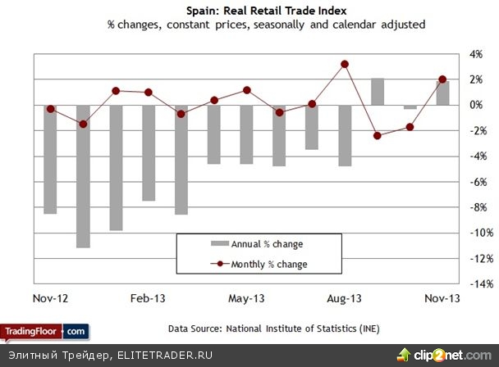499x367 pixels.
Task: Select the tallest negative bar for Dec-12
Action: [x=83, y=176]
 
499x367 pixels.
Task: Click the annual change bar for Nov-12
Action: [x=50, y=159]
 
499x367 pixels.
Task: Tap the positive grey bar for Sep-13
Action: [x=378, y=92]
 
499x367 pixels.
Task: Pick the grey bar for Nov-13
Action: [x=442, y=93]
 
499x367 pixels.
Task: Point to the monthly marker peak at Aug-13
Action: [x=345, y=64]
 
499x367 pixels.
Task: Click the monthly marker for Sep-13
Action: [x=378, y=135]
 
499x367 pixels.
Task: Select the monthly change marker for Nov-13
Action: [x=442, y=79]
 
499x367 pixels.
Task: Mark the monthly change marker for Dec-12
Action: [x=83, y=124]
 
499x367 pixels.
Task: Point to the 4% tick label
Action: [x=475, y=54]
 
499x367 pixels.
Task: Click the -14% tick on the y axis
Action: [x=478, y=284]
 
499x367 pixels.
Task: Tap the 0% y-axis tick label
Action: [x=475, y=105]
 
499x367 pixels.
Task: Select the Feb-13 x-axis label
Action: [x=149, y=298]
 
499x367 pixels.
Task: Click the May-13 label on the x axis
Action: [x=247, y=298]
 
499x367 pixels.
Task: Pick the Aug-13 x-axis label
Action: [x=345, y=298]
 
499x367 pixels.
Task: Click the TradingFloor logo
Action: [x=44, y=331]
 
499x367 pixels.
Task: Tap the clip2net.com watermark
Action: [x=448, y=355]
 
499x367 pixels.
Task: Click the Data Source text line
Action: [x=274, y=328]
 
